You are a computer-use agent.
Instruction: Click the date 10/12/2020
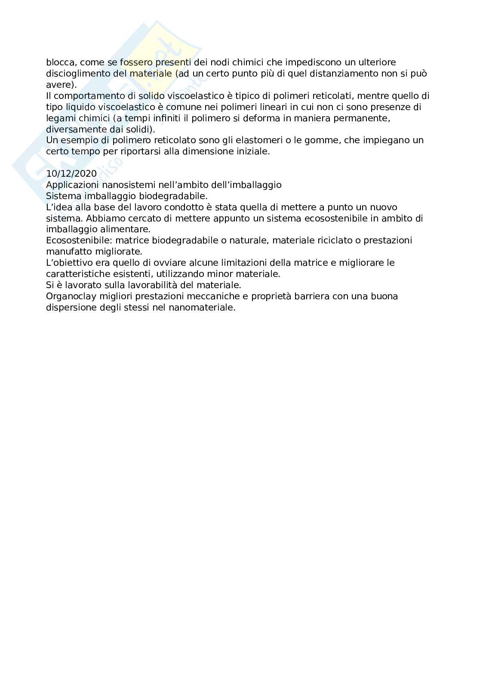[x=71, y=174]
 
